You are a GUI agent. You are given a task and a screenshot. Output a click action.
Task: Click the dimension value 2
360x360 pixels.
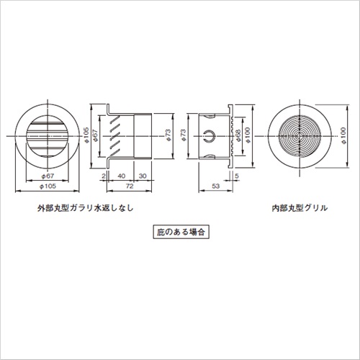(104, 176)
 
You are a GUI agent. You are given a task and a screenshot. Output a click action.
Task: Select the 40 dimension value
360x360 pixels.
(122, 176)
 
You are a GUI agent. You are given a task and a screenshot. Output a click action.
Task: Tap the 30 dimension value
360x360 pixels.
(143, 176)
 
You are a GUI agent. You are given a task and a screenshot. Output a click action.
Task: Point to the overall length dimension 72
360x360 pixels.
(130, 186)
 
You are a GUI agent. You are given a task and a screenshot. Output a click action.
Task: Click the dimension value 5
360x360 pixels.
(237, 176)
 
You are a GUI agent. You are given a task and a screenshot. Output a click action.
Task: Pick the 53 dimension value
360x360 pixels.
(216, 186)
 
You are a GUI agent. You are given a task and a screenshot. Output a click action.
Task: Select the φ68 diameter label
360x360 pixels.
(238, 136)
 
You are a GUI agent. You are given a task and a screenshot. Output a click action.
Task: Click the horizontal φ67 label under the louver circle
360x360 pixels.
(48, 176)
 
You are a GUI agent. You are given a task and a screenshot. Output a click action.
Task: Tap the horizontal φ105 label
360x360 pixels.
(48, 186)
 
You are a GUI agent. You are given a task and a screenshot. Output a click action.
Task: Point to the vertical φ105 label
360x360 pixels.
(86, 135)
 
